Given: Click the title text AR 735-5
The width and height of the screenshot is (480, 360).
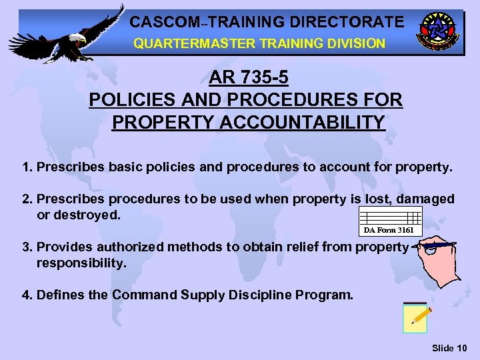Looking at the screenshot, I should coord(249,78).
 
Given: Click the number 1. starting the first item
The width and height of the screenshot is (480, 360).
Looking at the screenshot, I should coord(28,166).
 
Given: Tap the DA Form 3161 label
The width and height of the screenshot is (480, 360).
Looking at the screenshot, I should coord(389,230).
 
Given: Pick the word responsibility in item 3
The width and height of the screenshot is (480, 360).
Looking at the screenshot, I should coord(81,263).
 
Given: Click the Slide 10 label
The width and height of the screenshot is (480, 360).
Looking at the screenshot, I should coord(449,348).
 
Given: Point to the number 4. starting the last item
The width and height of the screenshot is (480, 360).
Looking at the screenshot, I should coord(28,295).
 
